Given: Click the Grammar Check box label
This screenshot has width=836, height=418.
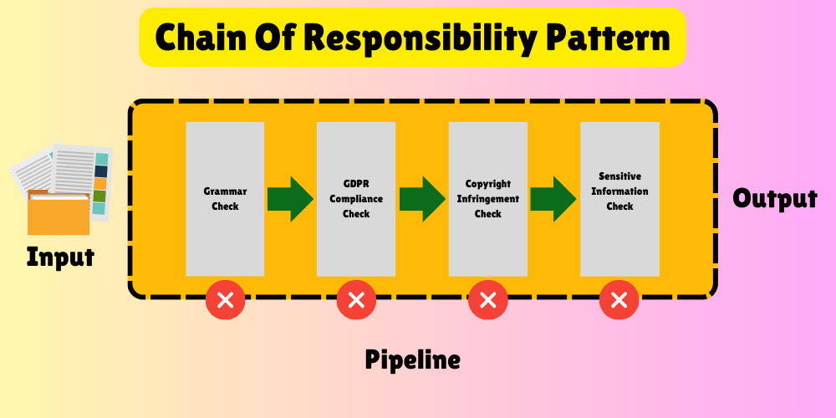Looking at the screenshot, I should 225,199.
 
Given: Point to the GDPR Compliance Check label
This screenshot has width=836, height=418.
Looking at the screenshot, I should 356,199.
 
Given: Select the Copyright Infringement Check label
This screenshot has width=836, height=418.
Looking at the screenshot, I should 488,199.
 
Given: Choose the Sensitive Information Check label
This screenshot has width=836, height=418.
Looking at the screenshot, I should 619,191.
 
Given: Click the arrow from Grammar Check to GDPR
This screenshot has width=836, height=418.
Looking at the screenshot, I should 290,199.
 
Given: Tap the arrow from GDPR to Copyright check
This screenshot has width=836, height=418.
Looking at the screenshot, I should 422,199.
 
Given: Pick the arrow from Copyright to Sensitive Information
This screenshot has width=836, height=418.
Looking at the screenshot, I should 553,199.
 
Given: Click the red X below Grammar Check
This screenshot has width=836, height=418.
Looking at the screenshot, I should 225,300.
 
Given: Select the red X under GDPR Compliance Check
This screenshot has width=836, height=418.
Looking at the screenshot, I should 356,300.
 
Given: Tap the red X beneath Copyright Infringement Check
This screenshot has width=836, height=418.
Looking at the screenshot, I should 487,300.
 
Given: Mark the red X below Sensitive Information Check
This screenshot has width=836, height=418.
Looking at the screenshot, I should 619,300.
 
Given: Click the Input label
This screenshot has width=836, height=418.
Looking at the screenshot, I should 60,257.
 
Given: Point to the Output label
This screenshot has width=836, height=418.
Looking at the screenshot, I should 775,199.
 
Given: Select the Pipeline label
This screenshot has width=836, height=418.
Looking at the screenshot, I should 412,360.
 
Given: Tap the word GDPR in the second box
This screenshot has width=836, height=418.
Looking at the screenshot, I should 356,184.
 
